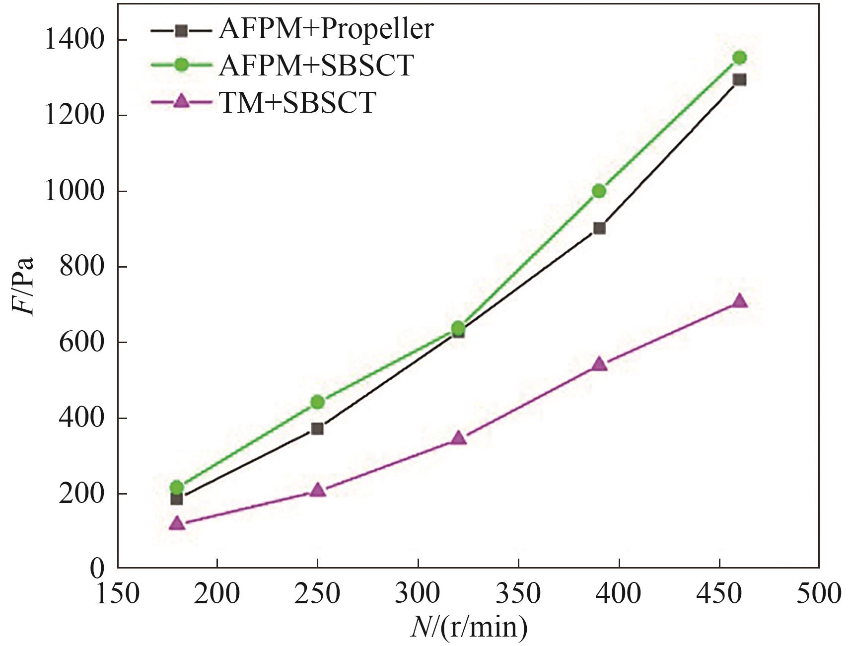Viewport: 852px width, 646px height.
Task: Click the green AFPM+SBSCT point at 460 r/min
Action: [x=739, y=58]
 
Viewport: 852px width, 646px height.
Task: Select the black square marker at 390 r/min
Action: [x=599, y=228]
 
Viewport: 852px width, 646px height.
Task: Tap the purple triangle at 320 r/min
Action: [x=458, y=438]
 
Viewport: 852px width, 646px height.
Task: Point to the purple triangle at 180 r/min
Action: [x=177, y=523]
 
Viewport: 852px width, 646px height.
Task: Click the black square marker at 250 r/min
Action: [x=318, y=429]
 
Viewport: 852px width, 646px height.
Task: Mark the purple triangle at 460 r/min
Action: [x=739, y=301]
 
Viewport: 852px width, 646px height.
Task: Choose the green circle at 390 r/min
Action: [x=599, y=191]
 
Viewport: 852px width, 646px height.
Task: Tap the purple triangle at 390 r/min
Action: [x=599, y=364]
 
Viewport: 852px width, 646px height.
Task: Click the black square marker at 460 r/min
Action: [x=739, y=80]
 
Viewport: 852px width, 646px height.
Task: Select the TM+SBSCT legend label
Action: [x=297, y=103]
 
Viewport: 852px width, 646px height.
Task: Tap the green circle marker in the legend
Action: [x=182, y=65]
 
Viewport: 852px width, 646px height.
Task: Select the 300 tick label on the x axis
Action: [x=418, y=594]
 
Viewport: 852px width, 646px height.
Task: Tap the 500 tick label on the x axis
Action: [x=819, y=594]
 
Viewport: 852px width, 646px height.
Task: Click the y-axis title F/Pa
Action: [x=24, y=286]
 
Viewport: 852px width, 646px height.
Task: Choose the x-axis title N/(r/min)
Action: [x=469, y=627]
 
